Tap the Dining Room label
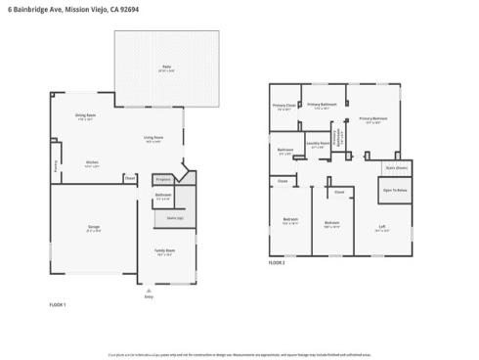[x=85, y=115]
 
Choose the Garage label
[x=93, y=227]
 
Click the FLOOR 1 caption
[x=58, y=305]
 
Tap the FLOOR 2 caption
[x=278, y=262]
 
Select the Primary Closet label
[x=284, y=106]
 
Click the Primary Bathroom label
[x=322, y=104]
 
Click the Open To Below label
[x=394, y=190]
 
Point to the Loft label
[x=382, y=227]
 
